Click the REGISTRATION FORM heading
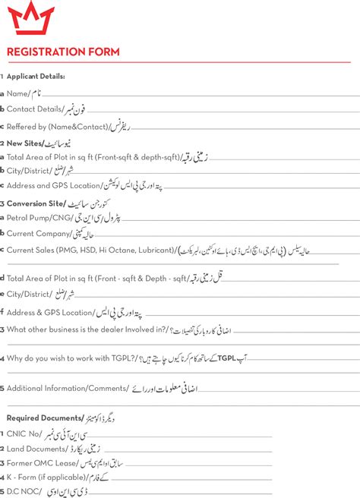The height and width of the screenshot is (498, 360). (62, 52)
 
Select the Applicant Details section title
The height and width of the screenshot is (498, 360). (36, 76)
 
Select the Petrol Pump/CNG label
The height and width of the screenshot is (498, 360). (39, 219)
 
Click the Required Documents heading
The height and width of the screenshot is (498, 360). (43, 418)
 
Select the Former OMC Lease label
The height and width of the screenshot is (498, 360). (42, 463)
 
